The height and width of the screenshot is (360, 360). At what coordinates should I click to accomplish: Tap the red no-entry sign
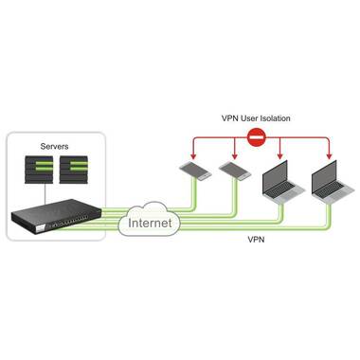pos(256,138)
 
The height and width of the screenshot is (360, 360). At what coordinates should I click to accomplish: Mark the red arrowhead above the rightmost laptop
pos(328,156)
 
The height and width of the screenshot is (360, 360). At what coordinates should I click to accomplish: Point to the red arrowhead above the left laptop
pos(280,156)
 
